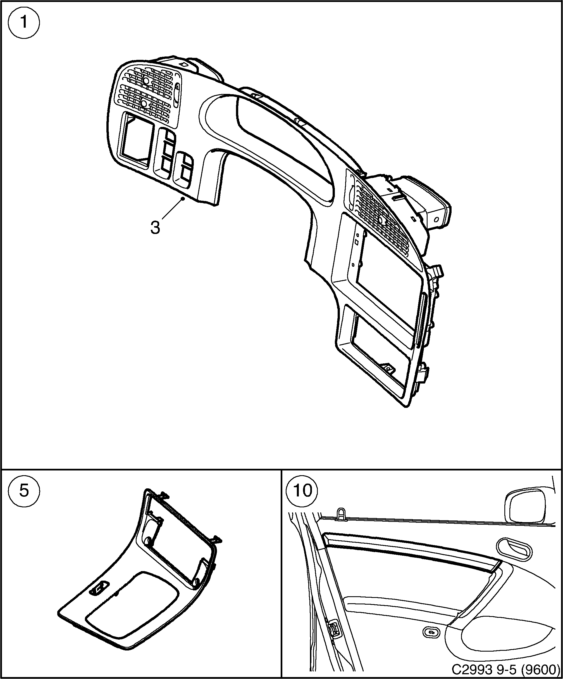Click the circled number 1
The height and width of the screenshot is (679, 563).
[23, 23]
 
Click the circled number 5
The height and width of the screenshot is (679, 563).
[23, 491]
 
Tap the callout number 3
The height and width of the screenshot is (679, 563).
[155, 228]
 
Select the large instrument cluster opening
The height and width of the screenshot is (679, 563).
[284, 139]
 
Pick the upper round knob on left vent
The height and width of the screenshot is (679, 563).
[146, 81]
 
